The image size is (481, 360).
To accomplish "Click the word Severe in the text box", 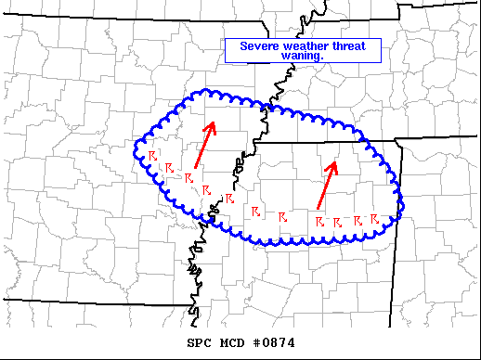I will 260,45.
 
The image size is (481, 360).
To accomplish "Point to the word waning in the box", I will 301,56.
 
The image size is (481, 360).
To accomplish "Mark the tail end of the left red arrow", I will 195,168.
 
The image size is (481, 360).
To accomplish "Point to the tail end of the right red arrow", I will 318,207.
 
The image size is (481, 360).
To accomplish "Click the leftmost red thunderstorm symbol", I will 152,155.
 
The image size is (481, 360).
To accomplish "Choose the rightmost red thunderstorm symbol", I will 374,219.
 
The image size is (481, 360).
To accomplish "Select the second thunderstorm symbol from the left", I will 170,167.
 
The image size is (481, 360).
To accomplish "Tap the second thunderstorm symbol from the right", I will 357,221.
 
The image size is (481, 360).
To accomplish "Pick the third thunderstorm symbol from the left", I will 188,176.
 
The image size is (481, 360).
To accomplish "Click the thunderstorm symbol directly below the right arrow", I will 318,222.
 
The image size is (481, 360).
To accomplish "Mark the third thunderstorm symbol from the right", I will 337,223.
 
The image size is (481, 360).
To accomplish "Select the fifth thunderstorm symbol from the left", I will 229,199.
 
